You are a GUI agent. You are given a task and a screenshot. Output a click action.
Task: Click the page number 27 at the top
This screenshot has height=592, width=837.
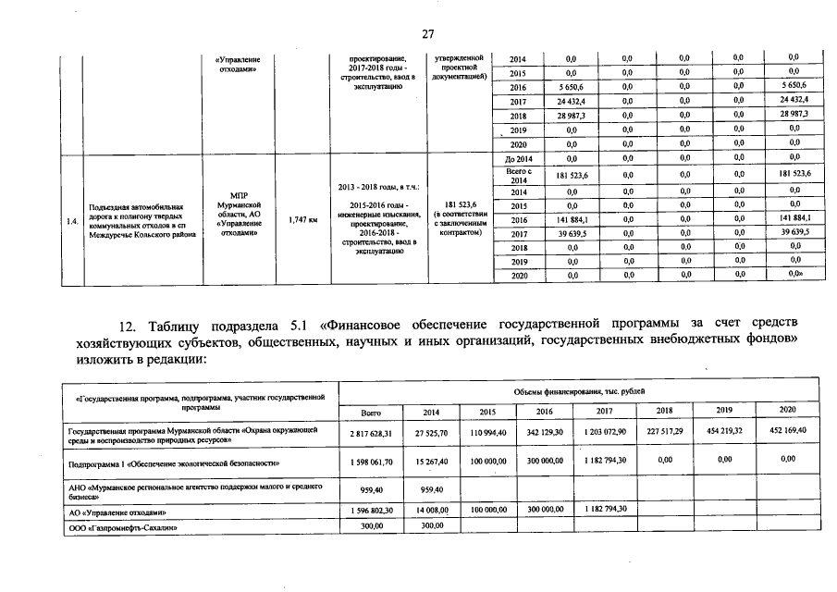428,34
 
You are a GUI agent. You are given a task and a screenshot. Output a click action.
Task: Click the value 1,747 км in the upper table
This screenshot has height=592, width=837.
302,220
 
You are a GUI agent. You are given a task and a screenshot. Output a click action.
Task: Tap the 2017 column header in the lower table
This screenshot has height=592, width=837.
605,411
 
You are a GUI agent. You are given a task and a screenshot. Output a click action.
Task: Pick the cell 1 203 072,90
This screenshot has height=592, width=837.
605,432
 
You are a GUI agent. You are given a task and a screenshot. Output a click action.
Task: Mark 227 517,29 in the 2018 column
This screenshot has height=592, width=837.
663,431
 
